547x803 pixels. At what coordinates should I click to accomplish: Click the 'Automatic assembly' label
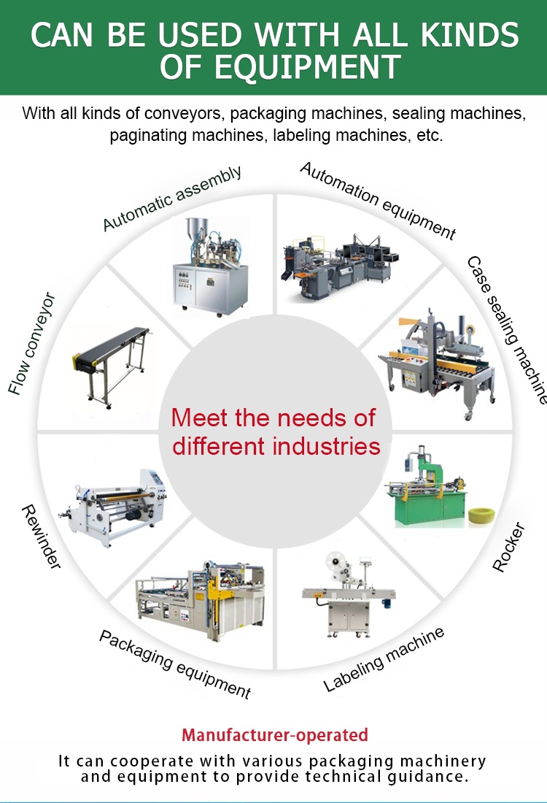(172, 199)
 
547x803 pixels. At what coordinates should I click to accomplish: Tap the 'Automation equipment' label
(378, 201)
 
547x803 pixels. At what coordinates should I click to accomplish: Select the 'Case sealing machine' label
(506, 329)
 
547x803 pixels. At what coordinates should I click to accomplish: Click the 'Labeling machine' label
(384, 659)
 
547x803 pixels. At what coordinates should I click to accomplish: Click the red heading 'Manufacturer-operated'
(274, 735)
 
